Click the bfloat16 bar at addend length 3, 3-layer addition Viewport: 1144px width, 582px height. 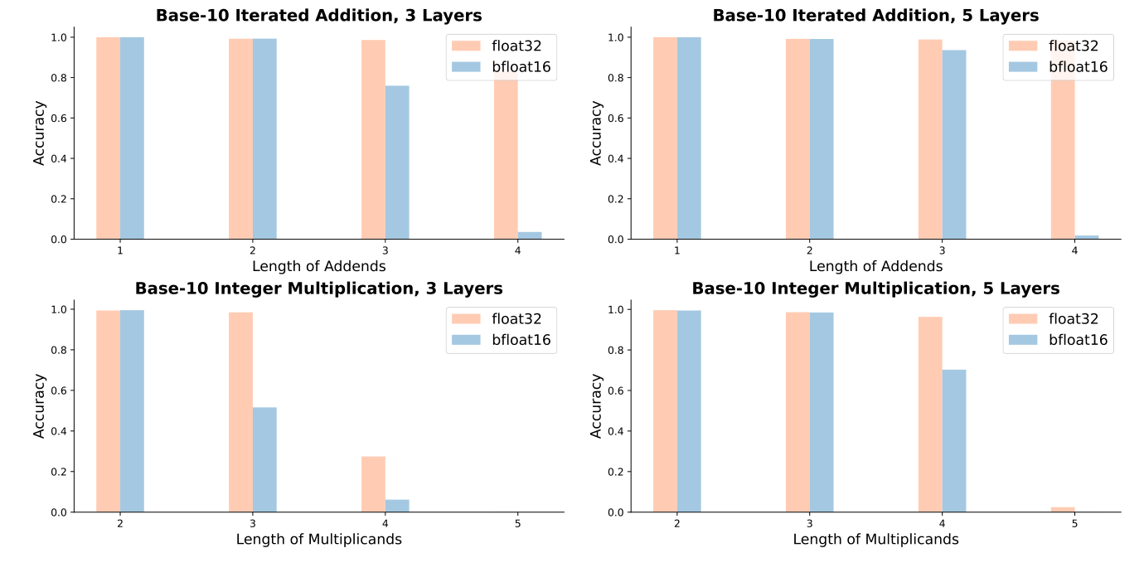397,162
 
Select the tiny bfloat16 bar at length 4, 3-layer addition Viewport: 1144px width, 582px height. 530,235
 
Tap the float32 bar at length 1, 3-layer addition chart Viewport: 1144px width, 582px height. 108,138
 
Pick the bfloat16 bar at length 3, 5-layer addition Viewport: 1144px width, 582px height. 954,144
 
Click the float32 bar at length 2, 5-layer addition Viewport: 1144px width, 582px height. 797,138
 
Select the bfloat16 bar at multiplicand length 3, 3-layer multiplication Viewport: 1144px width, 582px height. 264,459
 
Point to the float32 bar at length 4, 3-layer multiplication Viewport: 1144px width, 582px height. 373,484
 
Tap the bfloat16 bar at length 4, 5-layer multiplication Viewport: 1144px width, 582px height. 954,440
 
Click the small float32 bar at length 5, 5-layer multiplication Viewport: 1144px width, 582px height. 1063,509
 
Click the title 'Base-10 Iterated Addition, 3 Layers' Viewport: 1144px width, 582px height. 318,15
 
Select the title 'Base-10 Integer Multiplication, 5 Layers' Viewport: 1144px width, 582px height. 875,289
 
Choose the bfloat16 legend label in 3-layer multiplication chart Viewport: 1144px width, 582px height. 521,339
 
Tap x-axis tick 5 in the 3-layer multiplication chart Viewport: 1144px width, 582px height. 518,523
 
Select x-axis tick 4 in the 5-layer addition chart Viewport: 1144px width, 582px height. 1075,250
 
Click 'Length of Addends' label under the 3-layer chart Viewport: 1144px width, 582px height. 318,266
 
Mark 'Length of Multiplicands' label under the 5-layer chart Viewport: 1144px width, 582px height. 875,539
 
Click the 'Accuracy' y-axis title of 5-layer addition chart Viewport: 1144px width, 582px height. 596,133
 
